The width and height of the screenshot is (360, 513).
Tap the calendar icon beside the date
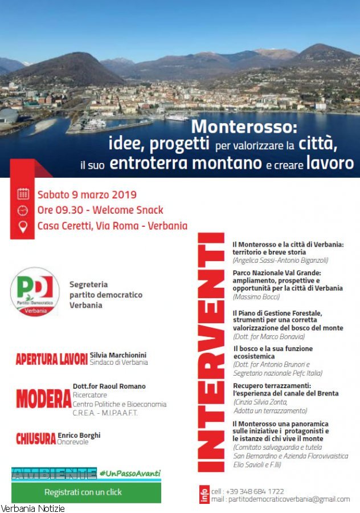23,194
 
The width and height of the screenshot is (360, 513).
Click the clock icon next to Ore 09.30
23,210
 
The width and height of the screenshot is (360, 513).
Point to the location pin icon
23,226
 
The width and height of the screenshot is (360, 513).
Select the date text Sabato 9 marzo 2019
87,194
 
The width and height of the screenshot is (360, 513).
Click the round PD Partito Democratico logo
35,291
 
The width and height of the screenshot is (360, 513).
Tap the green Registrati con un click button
83,492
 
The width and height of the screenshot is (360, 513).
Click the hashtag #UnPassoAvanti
130,473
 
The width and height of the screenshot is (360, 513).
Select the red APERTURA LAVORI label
52,360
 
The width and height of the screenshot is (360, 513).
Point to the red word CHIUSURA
36,438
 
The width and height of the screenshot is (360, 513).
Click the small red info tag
204,495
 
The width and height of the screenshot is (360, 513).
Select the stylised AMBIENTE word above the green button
54,473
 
